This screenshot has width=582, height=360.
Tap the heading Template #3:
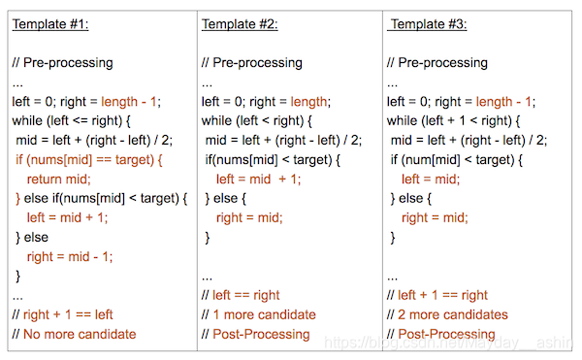(428, 24)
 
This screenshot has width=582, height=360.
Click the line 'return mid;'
(58, 179)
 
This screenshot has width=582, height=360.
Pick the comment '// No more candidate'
(74, 334)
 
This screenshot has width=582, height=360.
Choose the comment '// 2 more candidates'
(449, 314)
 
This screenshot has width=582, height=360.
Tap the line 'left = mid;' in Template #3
(424, 179)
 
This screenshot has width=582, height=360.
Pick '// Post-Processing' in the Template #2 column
(256, 334)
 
